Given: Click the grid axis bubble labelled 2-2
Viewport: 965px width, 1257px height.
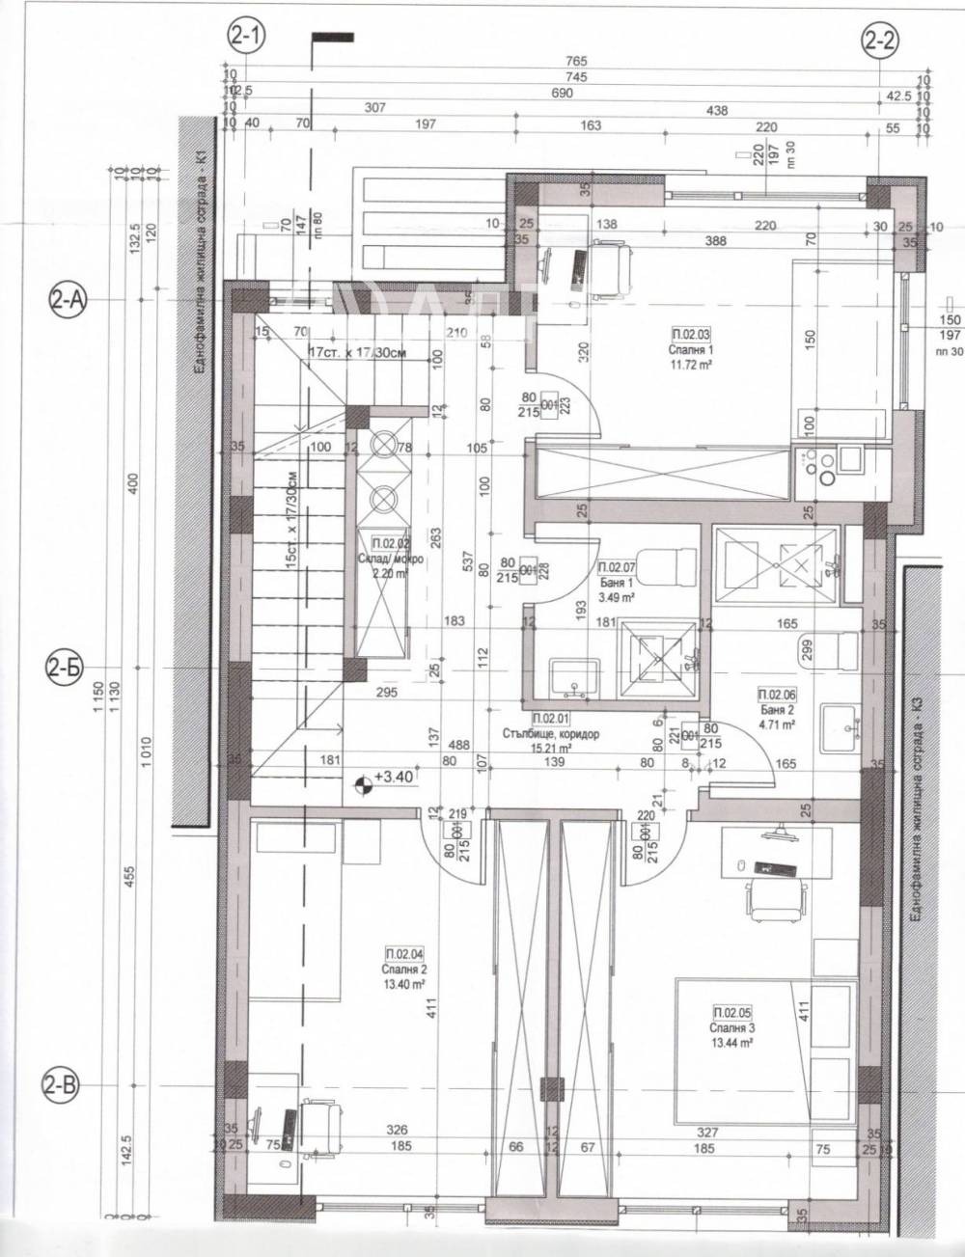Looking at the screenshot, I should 879,40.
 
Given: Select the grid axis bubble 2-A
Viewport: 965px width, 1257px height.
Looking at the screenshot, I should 68,301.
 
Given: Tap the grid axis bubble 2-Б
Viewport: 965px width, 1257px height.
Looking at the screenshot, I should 68,666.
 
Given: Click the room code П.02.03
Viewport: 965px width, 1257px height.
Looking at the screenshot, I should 689,334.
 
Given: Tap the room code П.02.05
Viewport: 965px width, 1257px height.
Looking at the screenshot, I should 731,1013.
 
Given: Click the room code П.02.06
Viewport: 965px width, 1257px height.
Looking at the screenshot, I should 776,694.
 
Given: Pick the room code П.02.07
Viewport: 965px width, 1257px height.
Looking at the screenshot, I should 617,568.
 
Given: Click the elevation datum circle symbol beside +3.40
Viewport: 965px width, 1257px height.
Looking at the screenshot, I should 364,785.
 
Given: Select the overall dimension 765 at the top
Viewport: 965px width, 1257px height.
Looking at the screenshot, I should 577,62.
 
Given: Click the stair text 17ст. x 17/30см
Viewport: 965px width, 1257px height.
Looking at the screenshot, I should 356,352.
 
